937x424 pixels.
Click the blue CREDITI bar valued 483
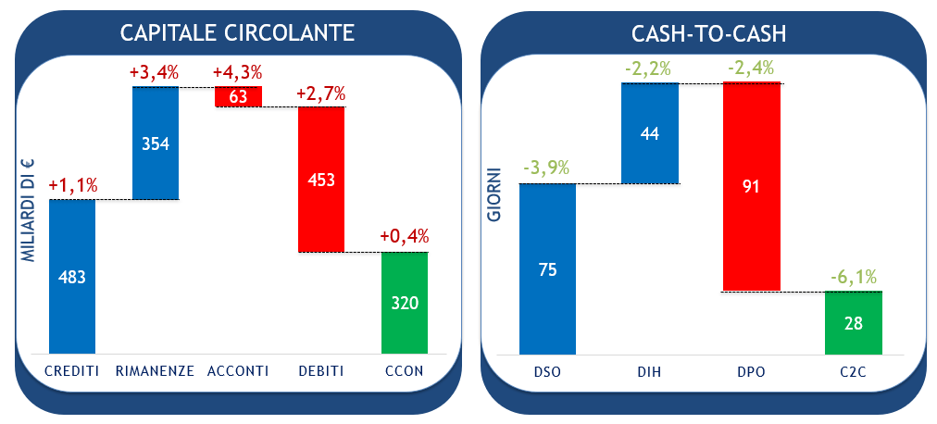point(71,276)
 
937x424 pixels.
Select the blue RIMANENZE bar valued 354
point(155,143)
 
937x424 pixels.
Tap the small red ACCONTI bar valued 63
point(238,96)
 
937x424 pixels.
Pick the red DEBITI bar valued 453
point(321,179)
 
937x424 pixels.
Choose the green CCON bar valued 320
point(405,302)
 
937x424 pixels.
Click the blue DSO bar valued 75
point(547,268)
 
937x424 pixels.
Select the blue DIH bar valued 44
point(649,132)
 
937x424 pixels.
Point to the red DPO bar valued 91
point(751,186)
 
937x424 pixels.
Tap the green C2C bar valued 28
point(853,322)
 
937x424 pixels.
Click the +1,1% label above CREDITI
point(71,185)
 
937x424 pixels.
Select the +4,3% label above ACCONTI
point(238,71)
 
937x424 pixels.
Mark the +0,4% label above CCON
point(405,237)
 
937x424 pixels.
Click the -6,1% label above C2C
point(853,276)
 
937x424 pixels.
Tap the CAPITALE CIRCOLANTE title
point(237,33)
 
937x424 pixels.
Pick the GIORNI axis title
point(495,193)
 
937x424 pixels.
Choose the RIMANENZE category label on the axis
point(155,371)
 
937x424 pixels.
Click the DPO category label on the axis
point(751,371)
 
